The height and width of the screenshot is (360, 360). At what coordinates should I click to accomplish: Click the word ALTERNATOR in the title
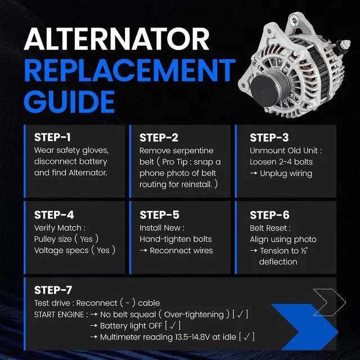(x=116, y=39)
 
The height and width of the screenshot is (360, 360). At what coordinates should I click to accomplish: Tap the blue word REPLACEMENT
(x=130, y=70)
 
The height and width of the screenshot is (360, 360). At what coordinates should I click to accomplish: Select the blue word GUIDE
(x=69, y=101)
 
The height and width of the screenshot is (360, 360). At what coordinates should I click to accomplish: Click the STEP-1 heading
(x=52, y=137)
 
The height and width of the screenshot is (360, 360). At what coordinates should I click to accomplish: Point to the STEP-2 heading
(x=159, y=138)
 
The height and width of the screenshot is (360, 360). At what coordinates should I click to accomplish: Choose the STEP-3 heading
(x=269, y=138)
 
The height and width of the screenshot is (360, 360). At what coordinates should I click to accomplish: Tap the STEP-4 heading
(x=54, y=215)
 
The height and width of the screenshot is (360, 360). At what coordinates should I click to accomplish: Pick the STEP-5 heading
(x=160, y=215)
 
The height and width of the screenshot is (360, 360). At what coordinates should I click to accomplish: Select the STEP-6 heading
(x=270, y=215)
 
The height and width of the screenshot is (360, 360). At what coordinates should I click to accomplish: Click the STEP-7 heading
(x=53, y=290)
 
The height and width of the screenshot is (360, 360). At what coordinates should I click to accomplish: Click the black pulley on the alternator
(x=264, y=91)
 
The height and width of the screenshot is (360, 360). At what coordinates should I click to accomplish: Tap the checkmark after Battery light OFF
(x=173, y=325)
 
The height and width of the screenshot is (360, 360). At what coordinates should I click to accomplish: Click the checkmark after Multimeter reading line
(x=247, y=337)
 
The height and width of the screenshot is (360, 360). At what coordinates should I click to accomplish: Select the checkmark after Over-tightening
(x=240, y=314)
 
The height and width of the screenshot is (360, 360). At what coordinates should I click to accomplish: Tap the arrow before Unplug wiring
(x=254, y=173)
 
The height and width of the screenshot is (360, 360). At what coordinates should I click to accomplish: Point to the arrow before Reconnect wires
(x=143, y=250)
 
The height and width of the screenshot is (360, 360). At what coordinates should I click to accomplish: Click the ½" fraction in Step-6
(x=304, y=250)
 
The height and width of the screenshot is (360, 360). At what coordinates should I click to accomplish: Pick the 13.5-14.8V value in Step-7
(x=192, y=337)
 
